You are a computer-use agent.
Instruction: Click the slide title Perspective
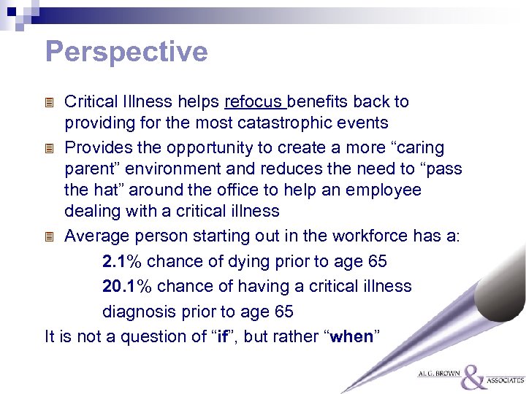point(126,52)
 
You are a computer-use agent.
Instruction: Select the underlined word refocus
point(255,102)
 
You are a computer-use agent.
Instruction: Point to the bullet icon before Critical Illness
point(50,103)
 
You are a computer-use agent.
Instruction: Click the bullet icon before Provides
point(50,149)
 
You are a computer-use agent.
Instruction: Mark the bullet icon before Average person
point(50,237)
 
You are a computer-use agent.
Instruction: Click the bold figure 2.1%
point(121,261)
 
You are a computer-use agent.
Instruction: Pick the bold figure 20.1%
point(126,286)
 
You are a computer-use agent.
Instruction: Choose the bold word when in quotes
point(352,336)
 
